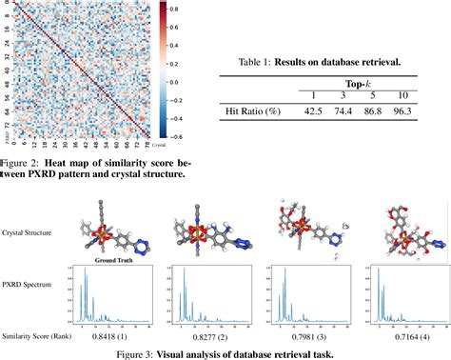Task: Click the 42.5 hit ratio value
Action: (x=315, y=111)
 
